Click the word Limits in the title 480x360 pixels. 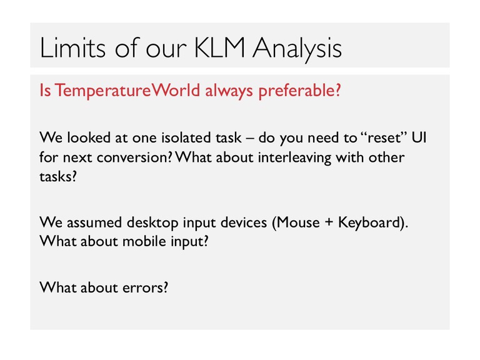72,47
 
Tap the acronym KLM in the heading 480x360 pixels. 220,47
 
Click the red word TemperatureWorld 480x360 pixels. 127,90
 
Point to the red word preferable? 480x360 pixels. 299,91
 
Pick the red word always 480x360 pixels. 229,91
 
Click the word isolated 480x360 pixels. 186,137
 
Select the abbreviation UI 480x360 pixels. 419,137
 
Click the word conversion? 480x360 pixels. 135,157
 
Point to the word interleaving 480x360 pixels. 294,158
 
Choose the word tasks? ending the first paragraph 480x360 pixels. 58,177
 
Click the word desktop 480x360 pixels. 152,222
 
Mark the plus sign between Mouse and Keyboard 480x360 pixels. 329,222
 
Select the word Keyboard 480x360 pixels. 369,222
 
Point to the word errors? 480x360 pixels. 145,287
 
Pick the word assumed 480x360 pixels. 94,222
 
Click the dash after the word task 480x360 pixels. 250,138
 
